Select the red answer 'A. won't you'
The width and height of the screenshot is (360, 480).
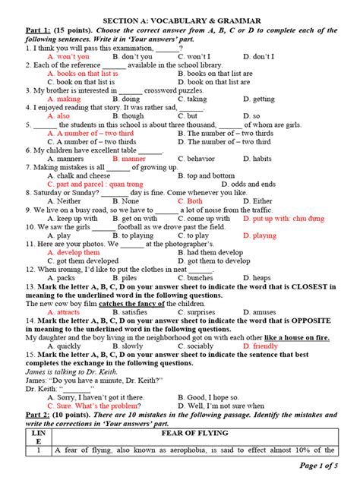pyautogui.click(x=68, y=57)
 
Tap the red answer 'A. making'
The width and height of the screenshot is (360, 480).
pyautogui.click(x=64, y=99)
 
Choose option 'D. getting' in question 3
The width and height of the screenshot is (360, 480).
pyautogui.click(x=259, y=99)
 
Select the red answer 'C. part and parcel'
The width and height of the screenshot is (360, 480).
pyautogui.click(x=95, y=184)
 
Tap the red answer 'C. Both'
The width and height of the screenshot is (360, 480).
pyautogui.click(x=192, y=201)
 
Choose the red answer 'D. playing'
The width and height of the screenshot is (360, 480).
pyautogui.click(x=260, y=235)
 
